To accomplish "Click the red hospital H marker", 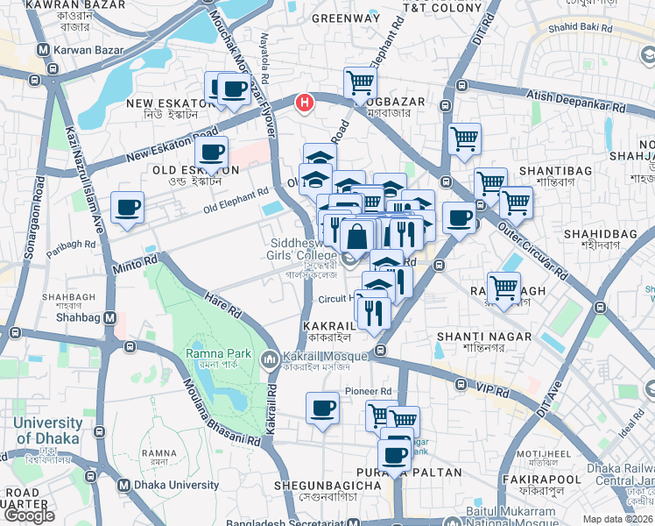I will (x=304, y=103).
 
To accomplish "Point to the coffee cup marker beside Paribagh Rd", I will (x=128, y=208).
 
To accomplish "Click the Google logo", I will (x=29, y=515).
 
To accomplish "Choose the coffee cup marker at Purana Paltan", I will (x=396, y=456).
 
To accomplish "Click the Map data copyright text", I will (x=618, y=519).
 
